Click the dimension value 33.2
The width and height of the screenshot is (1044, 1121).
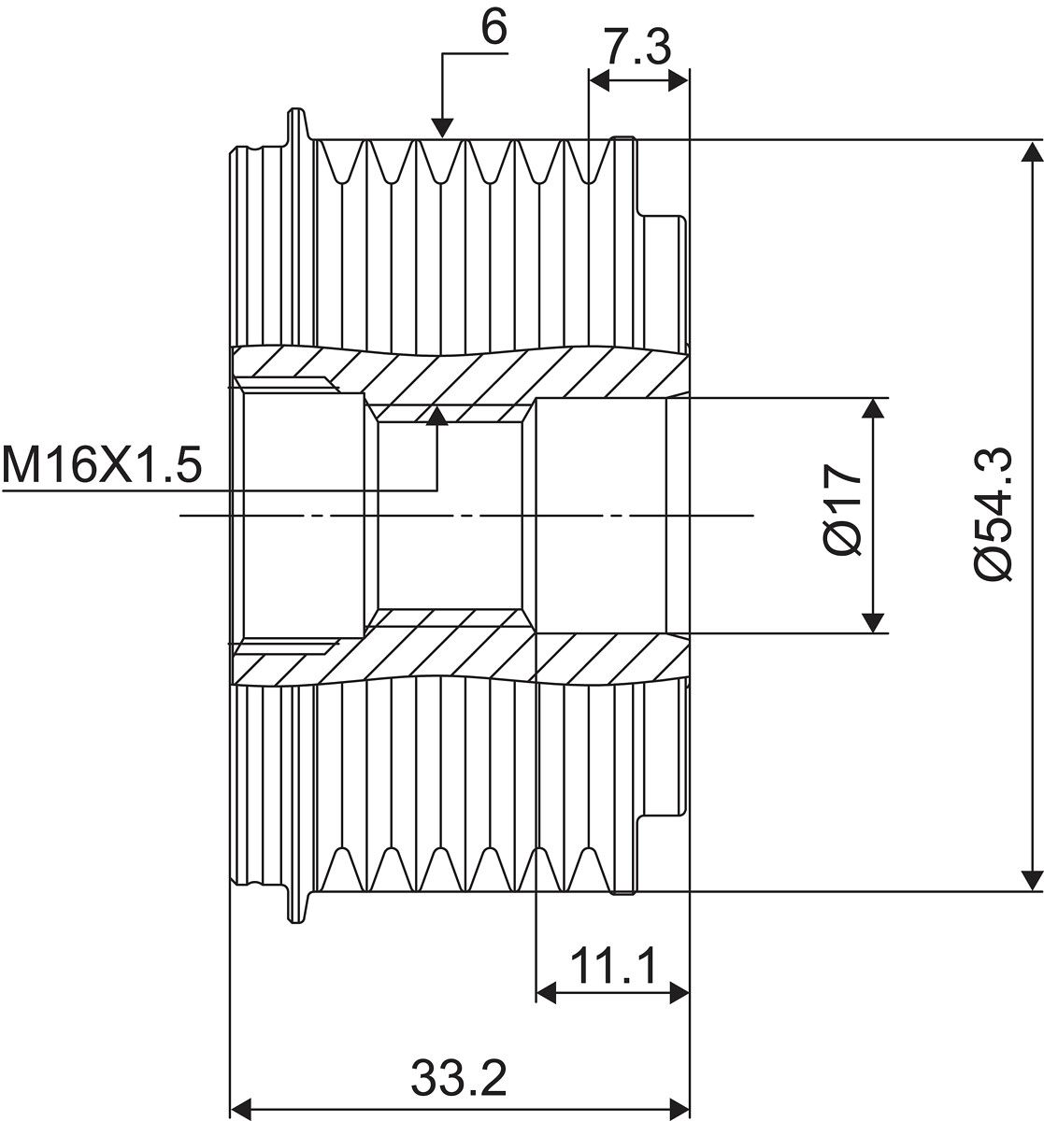tap(457, 1080)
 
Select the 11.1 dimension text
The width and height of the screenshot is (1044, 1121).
tap(612, 966)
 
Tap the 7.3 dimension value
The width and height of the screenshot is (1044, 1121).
tap(636, 47)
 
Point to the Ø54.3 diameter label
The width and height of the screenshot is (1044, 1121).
tap(993, 515)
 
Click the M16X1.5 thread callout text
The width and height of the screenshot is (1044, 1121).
tap(101, 464)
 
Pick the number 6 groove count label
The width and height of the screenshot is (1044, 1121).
tap(494, 27)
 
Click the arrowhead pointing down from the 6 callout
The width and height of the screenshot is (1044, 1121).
tap(442, 128)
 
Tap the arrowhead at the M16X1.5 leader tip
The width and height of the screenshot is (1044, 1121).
tap(436, 417)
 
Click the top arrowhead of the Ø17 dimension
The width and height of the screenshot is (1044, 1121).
tap(873, 409)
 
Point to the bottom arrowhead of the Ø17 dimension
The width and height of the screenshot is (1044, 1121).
tap(873, 621)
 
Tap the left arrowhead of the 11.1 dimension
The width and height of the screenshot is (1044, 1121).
tap(547, 993)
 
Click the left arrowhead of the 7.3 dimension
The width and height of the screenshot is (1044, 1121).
tap(599, 82)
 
